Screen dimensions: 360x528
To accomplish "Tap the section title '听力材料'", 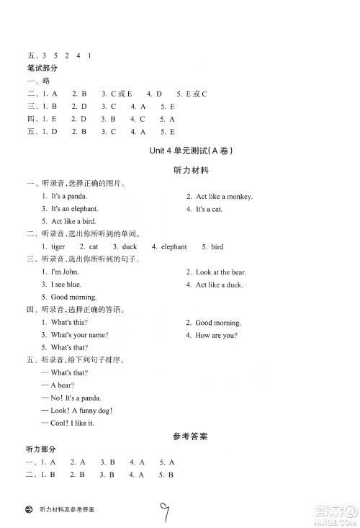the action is tap(192, 171).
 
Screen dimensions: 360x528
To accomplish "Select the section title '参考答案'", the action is tap(191, 436).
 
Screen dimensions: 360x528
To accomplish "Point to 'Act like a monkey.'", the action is tap(225, 196).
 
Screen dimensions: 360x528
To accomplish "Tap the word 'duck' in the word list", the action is tap(130, 246).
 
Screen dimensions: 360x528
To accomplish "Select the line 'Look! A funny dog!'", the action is tap(81, 411).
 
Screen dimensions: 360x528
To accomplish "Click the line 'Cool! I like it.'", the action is tap(72, 423).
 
